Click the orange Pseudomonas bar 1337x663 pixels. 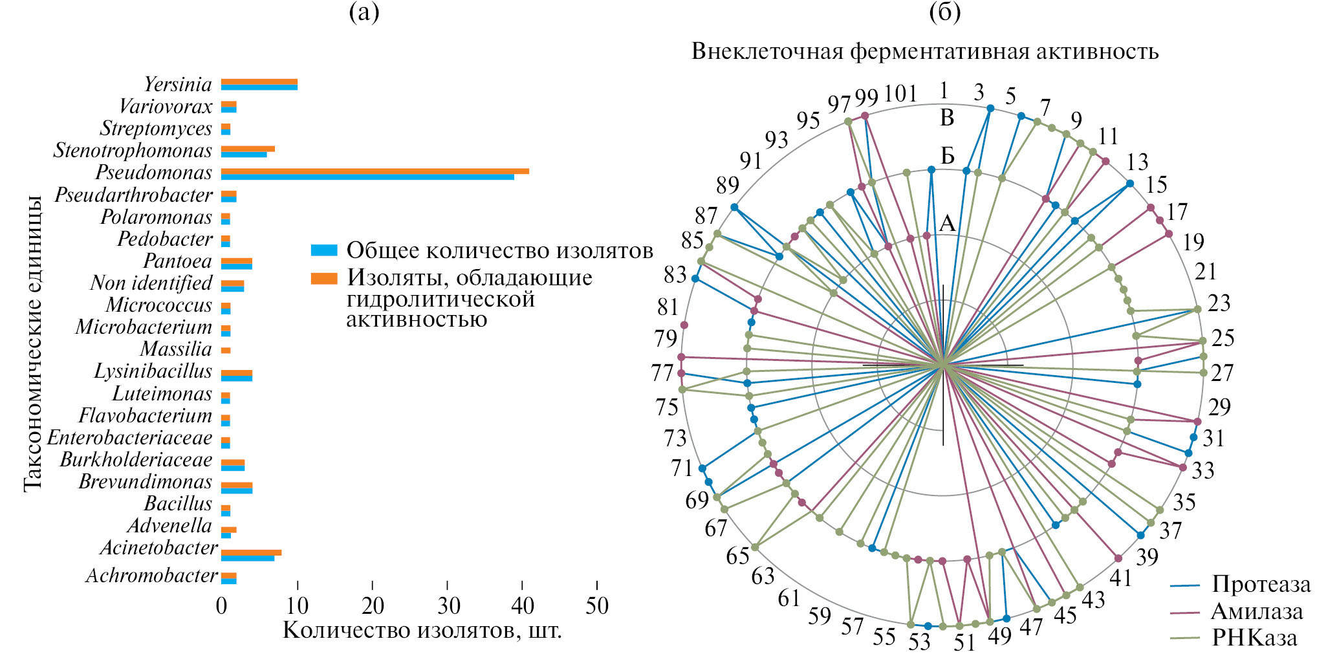(x=375, y=171)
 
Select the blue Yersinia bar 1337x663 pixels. (x=259, y=87)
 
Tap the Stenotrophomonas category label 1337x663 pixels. (x=133, y=151)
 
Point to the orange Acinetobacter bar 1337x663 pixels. (x=251, y=552)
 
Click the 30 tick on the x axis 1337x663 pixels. (x=448, y=606)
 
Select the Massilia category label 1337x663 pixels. (x=176, y=349)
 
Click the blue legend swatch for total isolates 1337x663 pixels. (x=324, y=250)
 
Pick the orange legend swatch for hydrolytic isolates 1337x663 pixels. (x=324, y=278)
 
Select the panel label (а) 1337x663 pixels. (x=364, y=12)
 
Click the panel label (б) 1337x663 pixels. (x=944, y=12)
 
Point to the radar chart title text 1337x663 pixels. (x=925, y=51)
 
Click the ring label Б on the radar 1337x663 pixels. (x=947, y=156)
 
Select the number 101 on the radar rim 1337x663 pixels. (x=900, y=94)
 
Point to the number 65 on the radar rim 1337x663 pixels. (x=737, y=556)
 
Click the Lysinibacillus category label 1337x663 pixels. (x=153, y=371)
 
